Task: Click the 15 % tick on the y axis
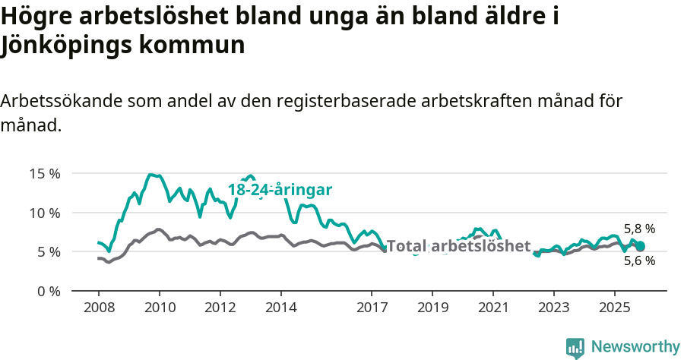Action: [44, 173]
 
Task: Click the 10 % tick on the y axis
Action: [44, 212]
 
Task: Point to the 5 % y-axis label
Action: [47, 251]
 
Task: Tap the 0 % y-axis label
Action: [47, 291]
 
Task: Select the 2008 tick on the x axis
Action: [99, 308]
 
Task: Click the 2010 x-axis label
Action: [160, 308]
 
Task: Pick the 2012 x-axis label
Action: [220, 308]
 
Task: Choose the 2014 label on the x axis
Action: [281, 308]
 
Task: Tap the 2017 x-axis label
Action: [372, 308]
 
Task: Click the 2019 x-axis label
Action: [432, 308]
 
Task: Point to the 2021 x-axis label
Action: [493, 308]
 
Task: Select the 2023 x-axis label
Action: [553, 308]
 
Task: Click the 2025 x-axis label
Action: [614, 308]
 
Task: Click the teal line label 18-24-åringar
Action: [280, 190]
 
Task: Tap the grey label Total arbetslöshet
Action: [458, 246]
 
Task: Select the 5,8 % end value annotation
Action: [639, 229]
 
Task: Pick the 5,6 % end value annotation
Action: [639, 261]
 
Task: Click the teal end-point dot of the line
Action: [640, 246]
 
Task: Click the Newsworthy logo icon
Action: [575, 347]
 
